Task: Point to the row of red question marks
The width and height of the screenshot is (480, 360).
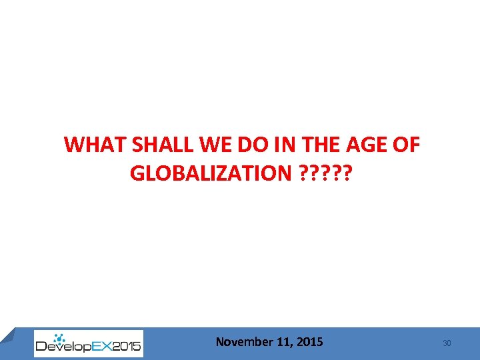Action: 327,174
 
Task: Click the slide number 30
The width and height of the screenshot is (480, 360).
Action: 447,343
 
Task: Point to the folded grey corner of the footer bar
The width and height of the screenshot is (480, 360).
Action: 7,335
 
